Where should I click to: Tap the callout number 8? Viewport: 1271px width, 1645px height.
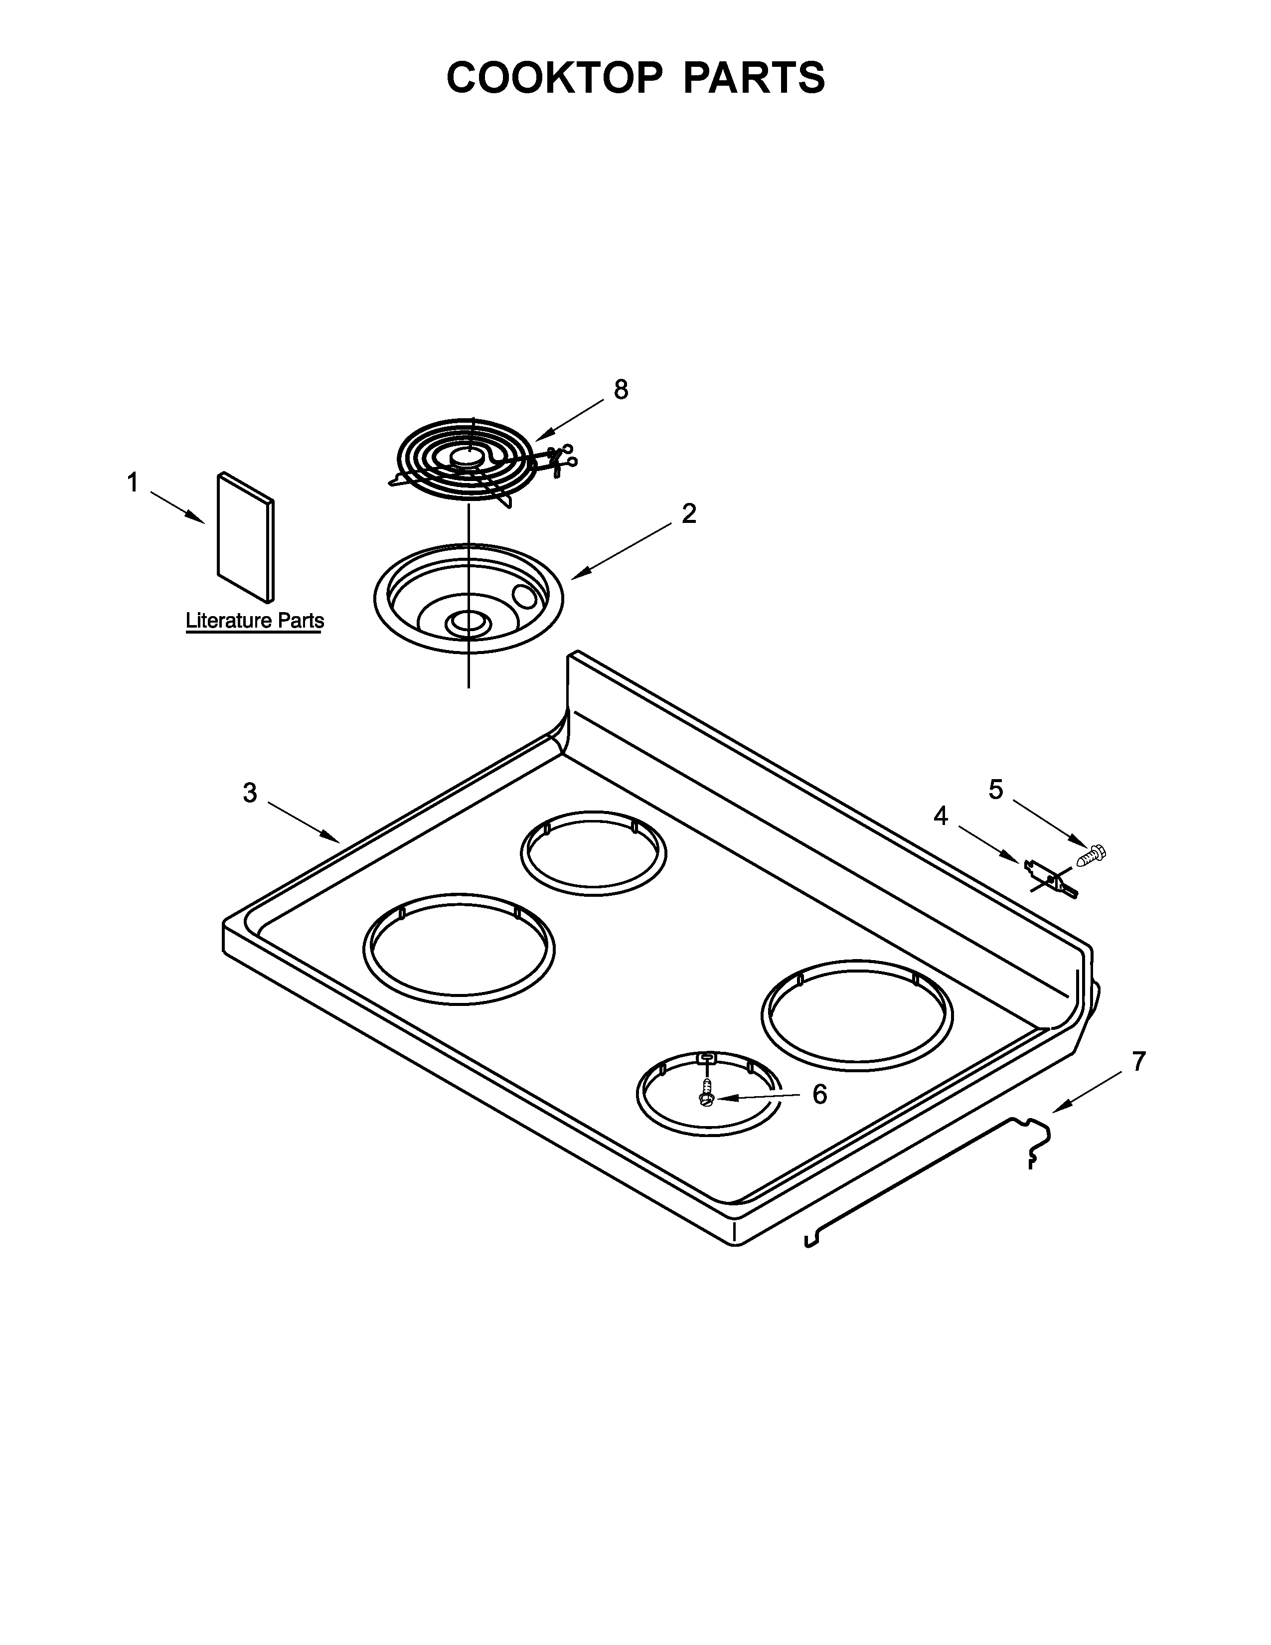tap(621, 389)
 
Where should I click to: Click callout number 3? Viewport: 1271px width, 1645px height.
tap(250, 793)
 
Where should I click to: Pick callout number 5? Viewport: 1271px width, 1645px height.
tap(995, 790)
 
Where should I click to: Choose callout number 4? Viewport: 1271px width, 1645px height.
tap(941, 816)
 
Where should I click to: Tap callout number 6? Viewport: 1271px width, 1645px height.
tap(819, 1094)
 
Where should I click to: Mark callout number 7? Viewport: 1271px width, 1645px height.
tap(1138, 1061)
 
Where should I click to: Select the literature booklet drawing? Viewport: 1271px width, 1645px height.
tap(245, 538)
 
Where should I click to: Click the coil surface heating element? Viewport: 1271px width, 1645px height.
tap(467, 460)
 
